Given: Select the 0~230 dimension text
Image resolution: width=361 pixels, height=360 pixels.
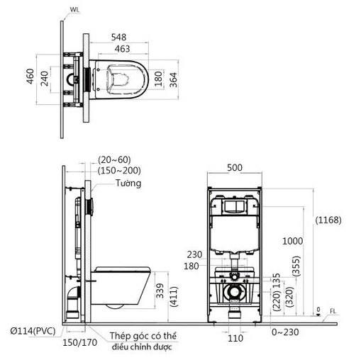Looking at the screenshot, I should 286,330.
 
